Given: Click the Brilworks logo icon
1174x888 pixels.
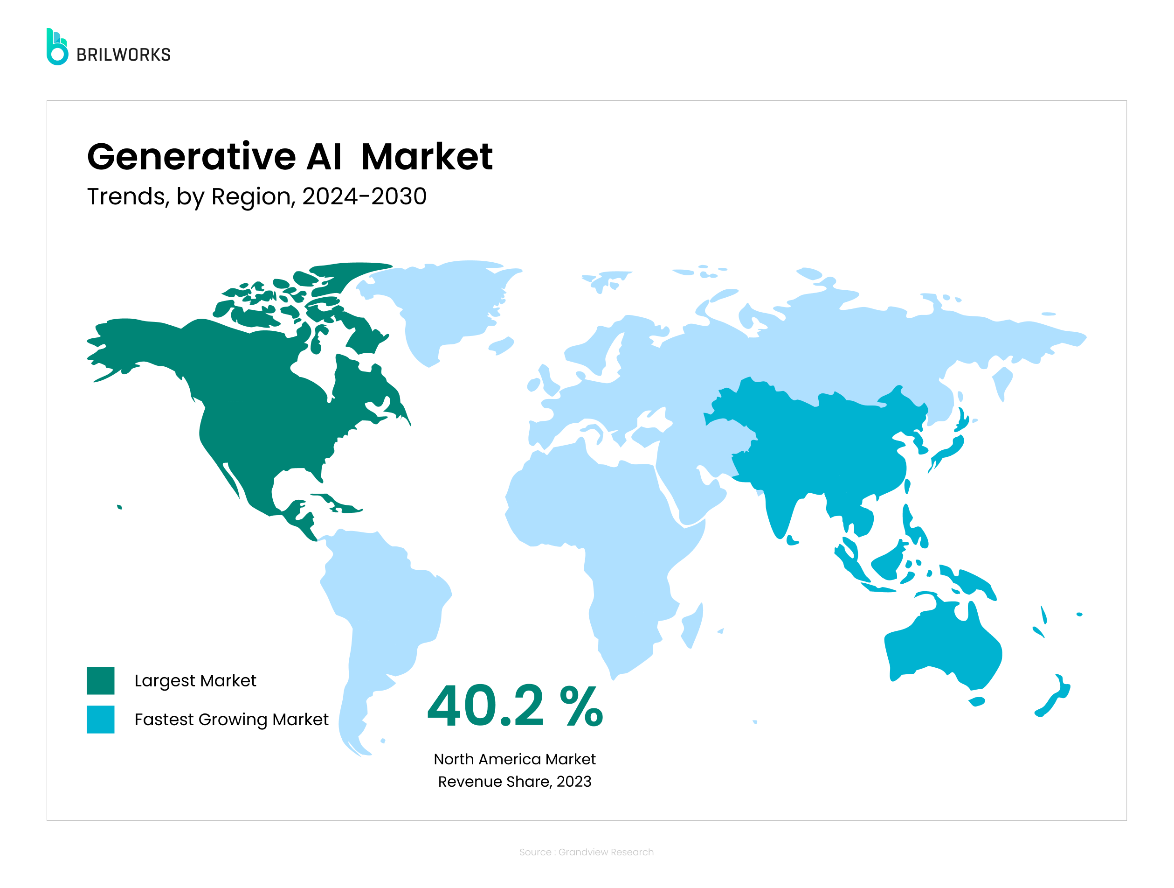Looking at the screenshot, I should click(x=57, y=47).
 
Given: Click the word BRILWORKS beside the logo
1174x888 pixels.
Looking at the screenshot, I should click(x=124, y=55).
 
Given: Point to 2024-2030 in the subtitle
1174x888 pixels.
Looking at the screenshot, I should click(x=364, y=196).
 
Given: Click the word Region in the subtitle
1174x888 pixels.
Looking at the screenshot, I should click(x=253, y=197).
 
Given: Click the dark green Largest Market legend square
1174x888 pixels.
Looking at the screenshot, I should click(x=100, y=680).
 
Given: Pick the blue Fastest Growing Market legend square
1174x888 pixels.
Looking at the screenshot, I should click(x=100, y=719).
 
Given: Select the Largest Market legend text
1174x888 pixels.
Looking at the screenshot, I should click(x=195, y=680).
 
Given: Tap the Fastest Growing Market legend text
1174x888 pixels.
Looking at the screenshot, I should click(x=231, y=719).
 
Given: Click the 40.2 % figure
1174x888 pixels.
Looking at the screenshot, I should click(x=515, y=706).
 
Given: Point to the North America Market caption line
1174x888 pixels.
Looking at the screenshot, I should click(x=514, y=759).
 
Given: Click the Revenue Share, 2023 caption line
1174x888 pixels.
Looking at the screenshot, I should click(x=514, y=781).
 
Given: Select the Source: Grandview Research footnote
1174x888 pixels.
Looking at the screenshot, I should click(x=586, y=852).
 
